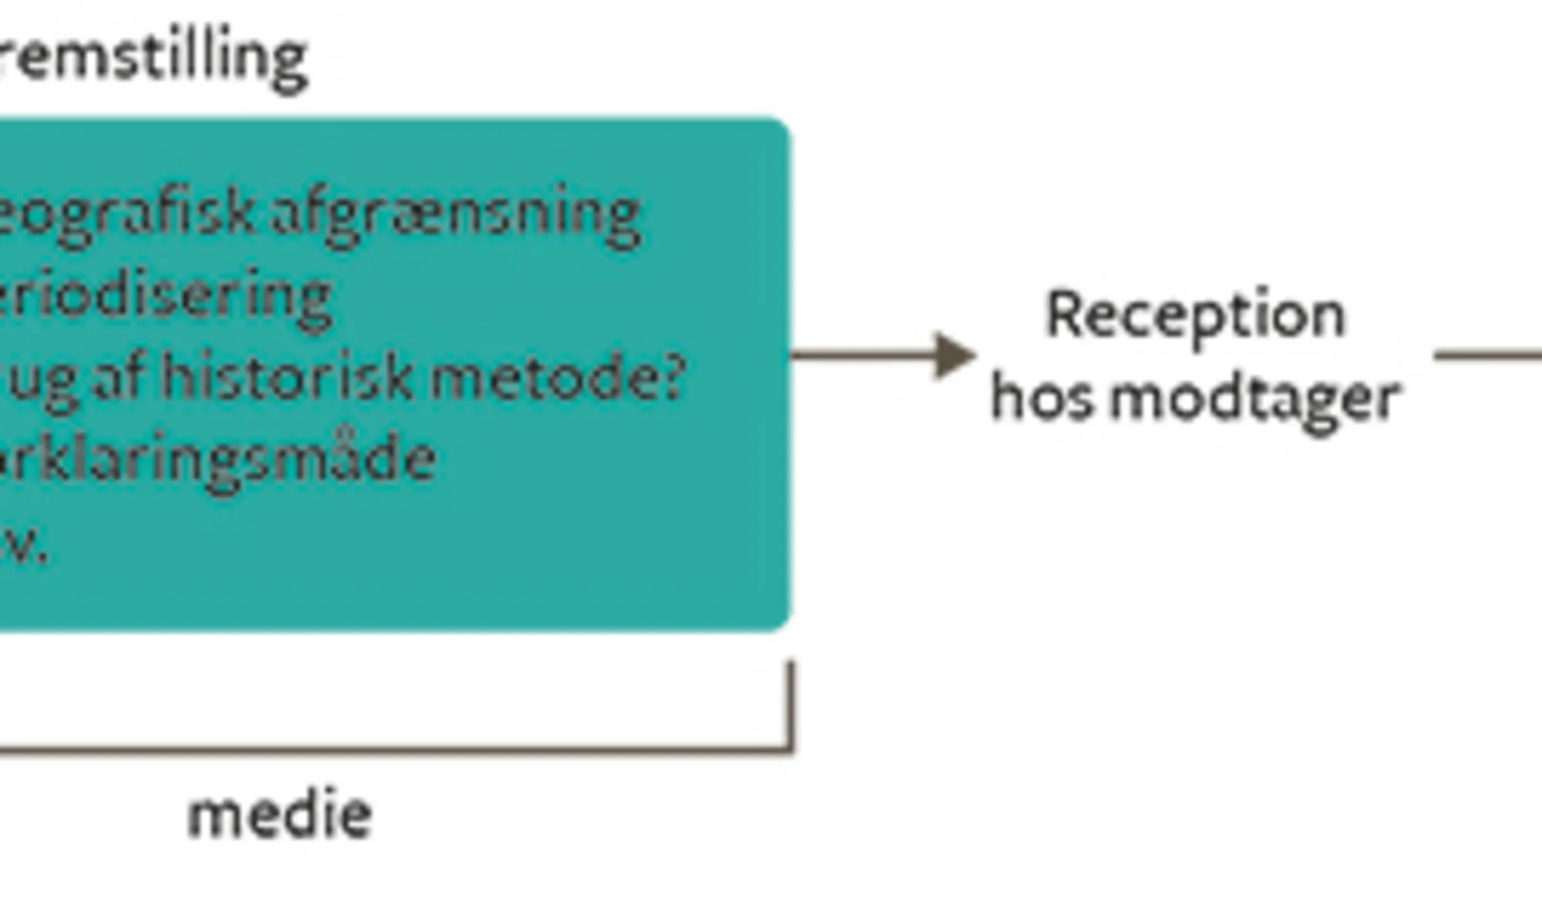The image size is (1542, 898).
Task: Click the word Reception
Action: tap(1195, 316)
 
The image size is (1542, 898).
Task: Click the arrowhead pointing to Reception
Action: tap(954, 355)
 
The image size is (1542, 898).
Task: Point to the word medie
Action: tap(280, 815)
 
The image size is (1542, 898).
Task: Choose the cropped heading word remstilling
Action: tap(154, 59)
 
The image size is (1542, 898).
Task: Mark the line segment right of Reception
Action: tap(1488, 355)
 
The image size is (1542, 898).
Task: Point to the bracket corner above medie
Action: tap(790, 748)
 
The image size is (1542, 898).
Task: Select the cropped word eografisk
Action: tap(127, 214)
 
